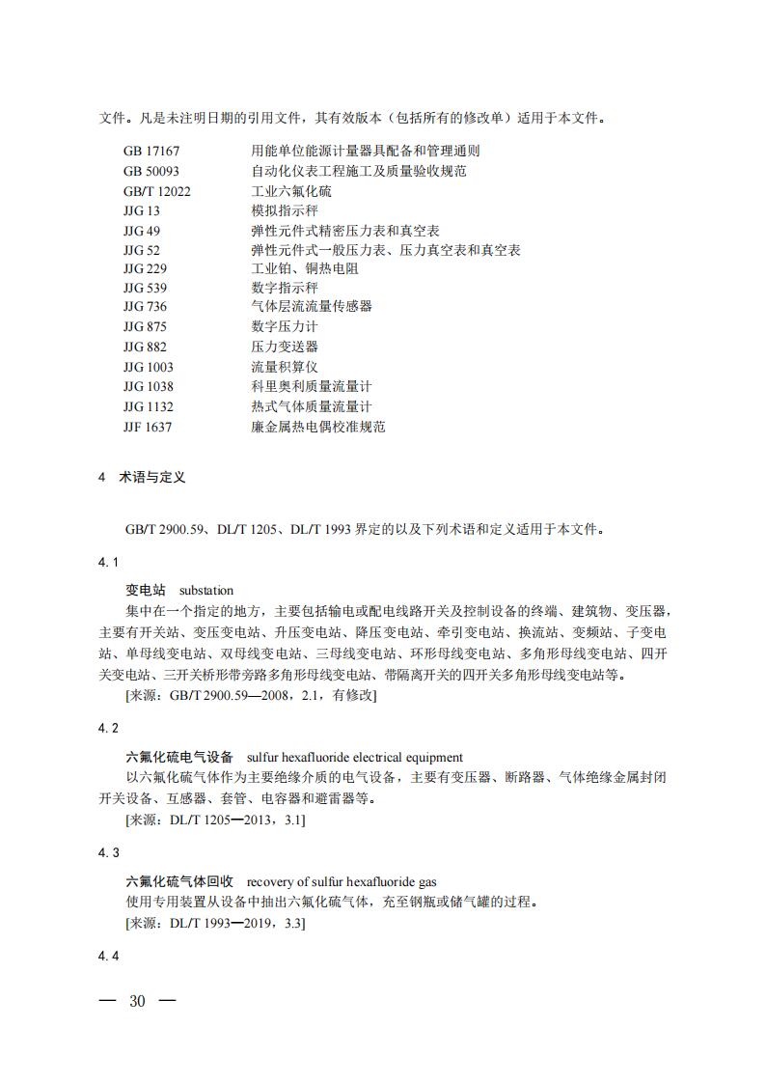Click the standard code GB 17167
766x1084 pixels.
(x=151, y=152)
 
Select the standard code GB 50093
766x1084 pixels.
(x=151, y=171)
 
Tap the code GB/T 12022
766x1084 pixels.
(x=157, y=191)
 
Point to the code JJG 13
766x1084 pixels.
(x=142, y=210)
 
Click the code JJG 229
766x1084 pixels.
(x=145, y=268)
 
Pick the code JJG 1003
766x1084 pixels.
(x=149, y=367)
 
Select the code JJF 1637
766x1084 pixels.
(x=148, y=426)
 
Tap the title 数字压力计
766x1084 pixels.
(x=285, y=327)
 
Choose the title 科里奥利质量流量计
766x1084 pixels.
(x=311, y=386)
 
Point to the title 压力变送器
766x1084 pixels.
(x=285, y=347)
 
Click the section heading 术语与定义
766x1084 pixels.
(x=151, y=478)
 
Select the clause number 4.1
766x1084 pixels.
(x=109, y=563)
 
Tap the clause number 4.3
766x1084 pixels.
(x=109, y=853)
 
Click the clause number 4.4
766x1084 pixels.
(x=109, y=957)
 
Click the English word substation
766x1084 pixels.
(x=206, y=590)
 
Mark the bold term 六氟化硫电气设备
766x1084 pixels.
(x=179, y=758)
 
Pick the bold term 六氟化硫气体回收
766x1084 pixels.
(x=179, y=881)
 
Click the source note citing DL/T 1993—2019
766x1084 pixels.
(x=216, y=924)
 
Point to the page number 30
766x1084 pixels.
(x=137, y=1001)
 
